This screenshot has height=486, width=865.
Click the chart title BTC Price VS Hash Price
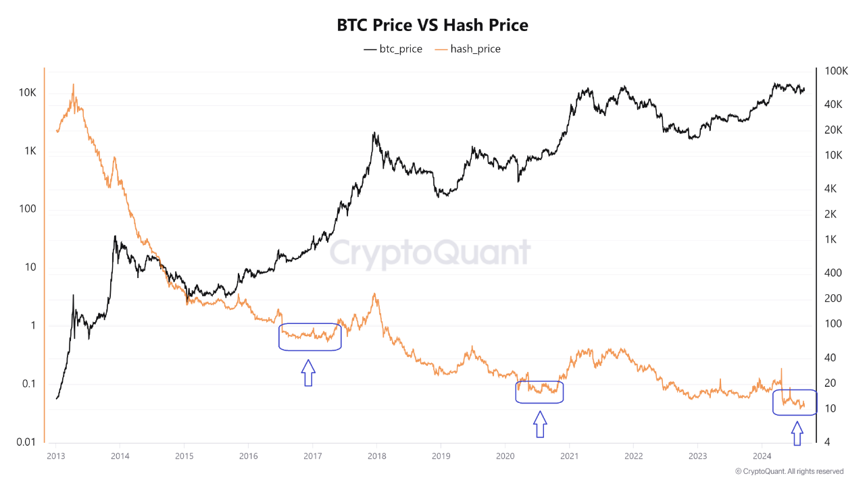pos(432,25)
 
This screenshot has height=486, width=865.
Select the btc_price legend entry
pos(393,49)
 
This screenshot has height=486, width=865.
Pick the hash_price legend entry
pos(468,49)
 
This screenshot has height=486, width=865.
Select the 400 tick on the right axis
pos(834,273)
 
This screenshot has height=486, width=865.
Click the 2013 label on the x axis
pos(55,456)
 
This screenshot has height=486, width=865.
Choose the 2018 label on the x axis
pos(376,456)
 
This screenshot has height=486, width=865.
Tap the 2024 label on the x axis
pos(762,456)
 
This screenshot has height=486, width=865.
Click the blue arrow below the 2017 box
pos(308,373)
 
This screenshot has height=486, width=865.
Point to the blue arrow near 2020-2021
pos(539,425)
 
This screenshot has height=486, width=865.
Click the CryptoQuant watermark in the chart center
pos(430,253)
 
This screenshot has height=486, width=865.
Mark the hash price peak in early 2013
pos(73,84)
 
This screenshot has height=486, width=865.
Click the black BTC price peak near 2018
pos(374,133)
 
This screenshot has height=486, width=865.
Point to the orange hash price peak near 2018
pos(374,294)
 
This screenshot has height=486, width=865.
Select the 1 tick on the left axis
pos(32,325)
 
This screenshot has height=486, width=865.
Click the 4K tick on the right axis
pos(832,188)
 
